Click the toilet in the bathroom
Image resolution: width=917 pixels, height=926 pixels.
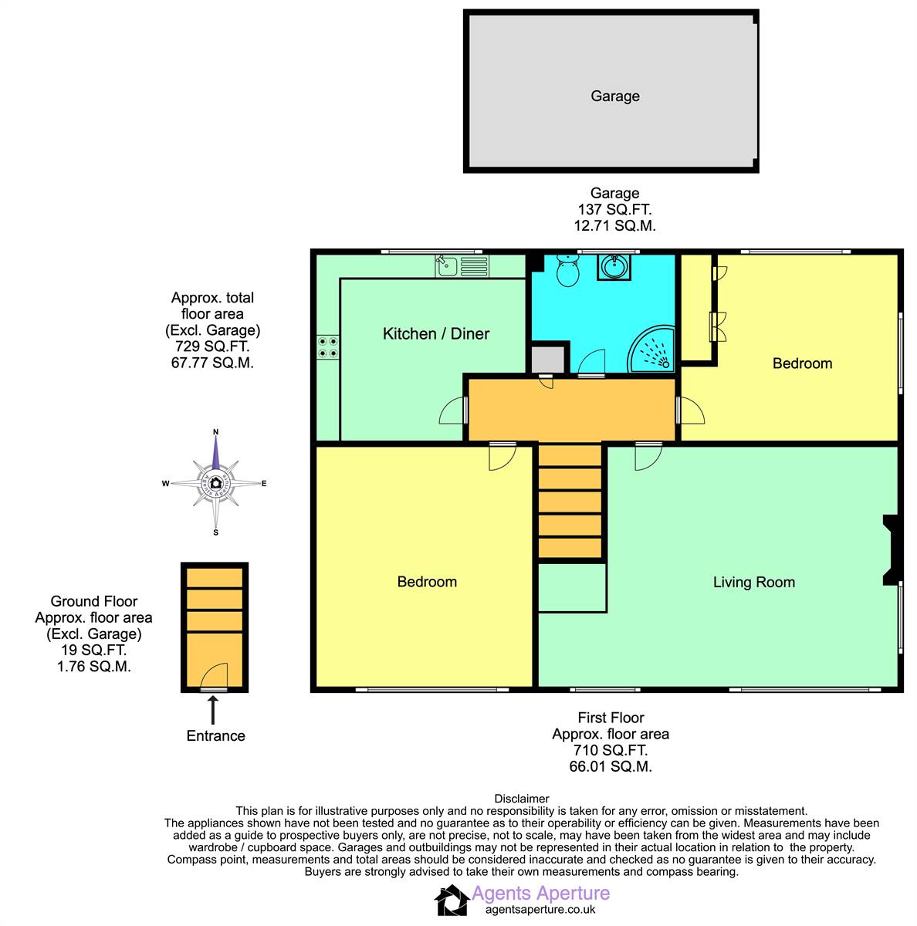coord(567,270)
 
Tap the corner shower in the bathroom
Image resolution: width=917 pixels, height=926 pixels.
coord(652,349)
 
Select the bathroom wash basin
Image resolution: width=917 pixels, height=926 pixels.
coord(614,267)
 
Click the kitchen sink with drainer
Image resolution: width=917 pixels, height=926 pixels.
coord(462,266)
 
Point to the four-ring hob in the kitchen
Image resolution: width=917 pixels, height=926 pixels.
coord(327,347)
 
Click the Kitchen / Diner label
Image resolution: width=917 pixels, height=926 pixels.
coord(435,333)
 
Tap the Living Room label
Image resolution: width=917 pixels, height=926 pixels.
coord(753,582)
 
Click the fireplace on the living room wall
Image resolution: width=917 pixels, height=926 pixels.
coord(889,550)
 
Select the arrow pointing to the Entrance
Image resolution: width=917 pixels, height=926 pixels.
coord(212,710)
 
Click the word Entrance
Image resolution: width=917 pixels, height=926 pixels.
coord(215,735)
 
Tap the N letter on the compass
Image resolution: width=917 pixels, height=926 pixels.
coord(216,432)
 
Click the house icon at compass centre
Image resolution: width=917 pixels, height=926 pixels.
coord(216,482)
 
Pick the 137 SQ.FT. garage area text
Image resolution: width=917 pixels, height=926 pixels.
coord(614,210)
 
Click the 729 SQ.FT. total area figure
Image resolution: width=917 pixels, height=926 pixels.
coord(212,346)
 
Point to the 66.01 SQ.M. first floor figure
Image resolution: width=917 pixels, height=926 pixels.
coord(611,766)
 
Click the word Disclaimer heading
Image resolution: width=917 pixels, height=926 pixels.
coord(521,799)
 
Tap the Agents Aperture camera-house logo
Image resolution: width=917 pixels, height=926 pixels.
coord(452,900)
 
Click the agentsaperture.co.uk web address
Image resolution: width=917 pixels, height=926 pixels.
coord(540,909)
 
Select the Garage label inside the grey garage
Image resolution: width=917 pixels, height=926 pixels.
coord(614,96)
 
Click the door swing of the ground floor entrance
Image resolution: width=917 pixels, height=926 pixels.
coord(214,675)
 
